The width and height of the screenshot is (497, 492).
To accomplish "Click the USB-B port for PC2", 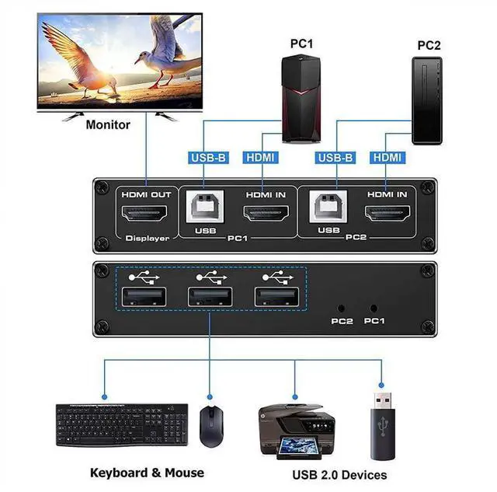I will click(x=330, y=209).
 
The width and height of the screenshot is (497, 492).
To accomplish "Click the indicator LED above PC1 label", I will click(x=374, y=308).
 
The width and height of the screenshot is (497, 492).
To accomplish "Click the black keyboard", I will click(x=122, y=424).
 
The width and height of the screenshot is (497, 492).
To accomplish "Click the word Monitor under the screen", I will click(x=108, y=124).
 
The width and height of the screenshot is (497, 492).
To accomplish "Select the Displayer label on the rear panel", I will click(x=146, y=238).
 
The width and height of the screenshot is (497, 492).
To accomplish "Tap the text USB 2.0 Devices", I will click(x=339, y=474).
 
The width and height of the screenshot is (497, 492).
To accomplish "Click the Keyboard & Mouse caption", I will click(x=147, y=472).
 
